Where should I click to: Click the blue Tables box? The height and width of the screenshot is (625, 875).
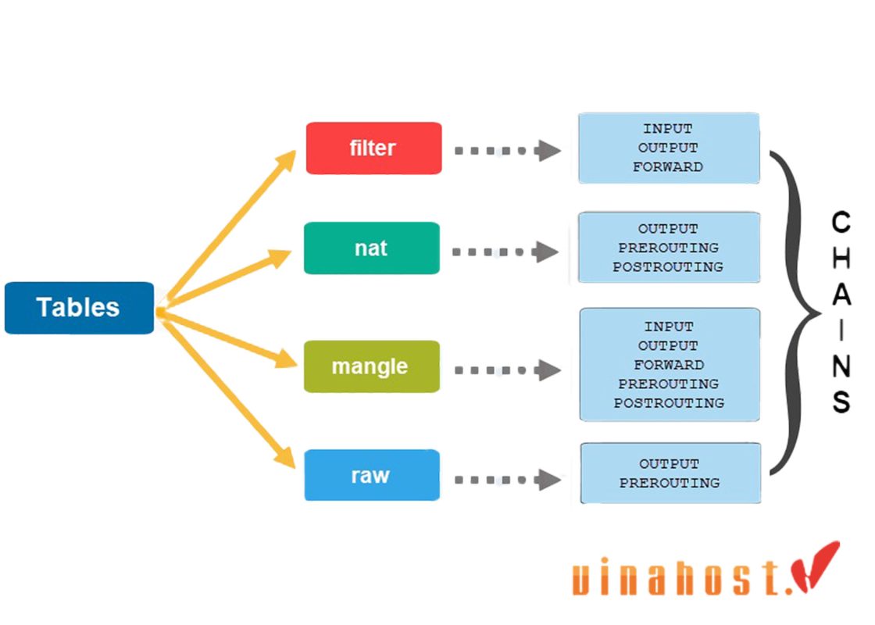(x=79, y=308)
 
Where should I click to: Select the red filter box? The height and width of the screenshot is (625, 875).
(x=373, y=148)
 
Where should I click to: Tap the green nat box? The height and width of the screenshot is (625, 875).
(x=371, y=248)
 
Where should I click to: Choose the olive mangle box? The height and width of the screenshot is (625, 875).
(x=370, y=366)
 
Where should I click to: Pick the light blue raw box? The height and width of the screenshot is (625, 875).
(x=371, y=475)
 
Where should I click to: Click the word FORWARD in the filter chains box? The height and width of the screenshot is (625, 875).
(x=668, y=166)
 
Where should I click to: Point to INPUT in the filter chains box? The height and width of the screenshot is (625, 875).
(x=668, y=128)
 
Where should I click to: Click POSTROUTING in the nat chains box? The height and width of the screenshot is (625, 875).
(x=668, y=267)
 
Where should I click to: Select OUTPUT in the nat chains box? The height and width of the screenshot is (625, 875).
(x=668, y=229)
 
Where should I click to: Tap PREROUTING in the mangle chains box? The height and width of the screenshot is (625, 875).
(x=668, y=384)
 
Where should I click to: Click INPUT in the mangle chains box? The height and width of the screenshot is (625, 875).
(x=668, y=327)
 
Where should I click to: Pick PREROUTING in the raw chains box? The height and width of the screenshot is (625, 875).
(x=670, y=483)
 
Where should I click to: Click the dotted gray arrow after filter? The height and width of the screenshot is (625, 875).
(x=508, y=151)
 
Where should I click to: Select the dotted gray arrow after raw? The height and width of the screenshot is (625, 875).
(x=508, y=479)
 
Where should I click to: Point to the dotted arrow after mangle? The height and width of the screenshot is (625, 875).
(x=508, y=370)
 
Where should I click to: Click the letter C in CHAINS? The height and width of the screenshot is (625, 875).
(x=841, y=223)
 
